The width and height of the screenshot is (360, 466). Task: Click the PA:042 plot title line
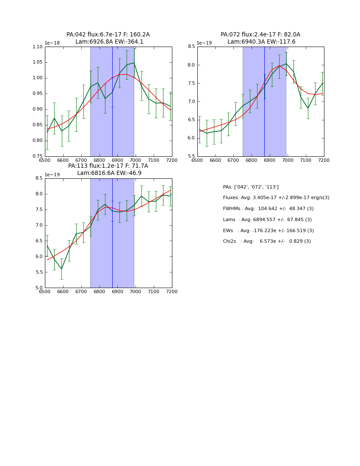pos(108,35)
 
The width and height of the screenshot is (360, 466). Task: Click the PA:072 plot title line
pos(260,35)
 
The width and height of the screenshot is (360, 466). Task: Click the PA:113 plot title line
pos(108,166)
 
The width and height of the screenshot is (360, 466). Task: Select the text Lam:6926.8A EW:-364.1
pos(109,42)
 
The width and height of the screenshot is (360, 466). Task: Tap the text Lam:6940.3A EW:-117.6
pos(261,42)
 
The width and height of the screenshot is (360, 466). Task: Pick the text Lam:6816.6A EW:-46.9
pos(109,173)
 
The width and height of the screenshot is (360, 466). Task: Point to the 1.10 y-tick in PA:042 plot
pos(37,47)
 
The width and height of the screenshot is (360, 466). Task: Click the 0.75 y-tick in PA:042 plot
pos(37,156)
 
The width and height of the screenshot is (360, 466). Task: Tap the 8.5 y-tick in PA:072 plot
pos(191,47)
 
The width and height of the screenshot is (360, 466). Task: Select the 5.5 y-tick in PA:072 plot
pos(191,156)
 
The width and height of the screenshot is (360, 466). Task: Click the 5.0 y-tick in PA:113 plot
pos(39,288)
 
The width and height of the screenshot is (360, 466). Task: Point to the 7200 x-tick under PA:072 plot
pos(324,160)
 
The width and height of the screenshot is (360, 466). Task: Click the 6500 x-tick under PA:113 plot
pos(45,291)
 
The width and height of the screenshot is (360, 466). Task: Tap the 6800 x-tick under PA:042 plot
pos(99,160)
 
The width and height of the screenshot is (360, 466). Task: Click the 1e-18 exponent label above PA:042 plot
pos(52,43)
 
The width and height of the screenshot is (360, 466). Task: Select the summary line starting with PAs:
pos(251,187)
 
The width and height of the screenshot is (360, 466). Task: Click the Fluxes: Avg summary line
pos(276,198)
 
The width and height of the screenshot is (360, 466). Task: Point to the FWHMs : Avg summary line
pos(268,209)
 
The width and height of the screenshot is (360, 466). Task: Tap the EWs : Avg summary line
pos(268,231)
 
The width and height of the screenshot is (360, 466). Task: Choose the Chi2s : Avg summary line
pos(267,241)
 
